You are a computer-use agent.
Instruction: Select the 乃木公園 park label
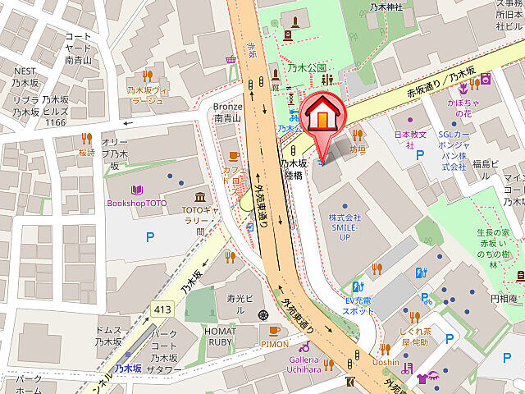[307, 68]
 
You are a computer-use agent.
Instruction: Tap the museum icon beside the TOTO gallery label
[199, 198]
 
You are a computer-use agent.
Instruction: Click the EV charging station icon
[358, 286]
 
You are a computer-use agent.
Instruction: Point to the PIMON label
[274, 344]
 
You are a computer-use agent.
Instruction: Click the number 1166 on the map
[55, 121]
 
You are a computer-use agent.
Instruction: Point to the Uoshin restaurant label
[386, 362]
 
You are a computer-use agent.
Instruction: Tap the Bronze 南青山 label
[228, 112]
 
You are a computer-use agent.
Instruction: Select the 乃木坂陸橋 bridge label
[293, 168]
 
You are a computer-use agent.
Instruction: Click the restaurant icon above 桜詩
[86, 138]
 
